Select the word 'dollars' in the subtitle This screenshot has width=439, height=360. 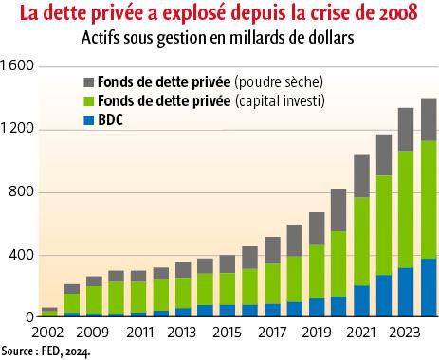[325, 40]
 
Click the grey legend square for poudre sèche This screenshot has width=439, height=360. [89, 80]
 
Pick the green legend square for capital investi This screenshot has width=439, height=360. [89, 100]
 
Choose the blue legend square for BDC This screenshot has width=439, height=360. [89, 121]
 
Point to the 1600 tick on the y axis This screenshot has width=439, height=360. [19, 66]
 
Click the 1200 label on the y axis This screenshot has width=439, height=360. [19, 129]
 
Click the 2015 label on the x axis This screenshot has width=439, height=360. [228, 333]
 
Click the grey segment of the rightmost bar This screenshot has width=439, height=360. [429, 119]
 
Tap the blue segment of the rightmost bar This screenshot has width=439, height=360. [429, 288]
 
